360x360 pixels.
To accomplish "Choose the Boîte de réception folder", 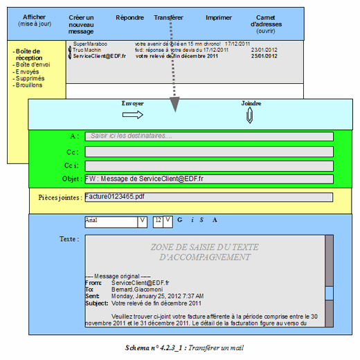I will pyautogui.click(x=29, y=54).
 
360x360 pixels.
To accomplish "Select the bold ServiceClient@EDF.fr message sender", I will pyautogui.click(x=99, y=56).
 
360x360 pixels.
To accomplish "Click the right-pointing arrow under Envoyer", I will pyautogui.click(x=132, y=116).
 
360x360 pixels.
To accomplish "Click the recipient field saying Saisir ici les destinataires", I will pyautogui.click(x=208, y=136).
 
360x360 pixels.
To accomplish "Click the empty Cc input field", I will pyautogui.click(x=208, y=151).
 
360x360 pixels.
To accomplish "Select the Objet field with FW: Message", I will pyautogui.click(x=208, y=179).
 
